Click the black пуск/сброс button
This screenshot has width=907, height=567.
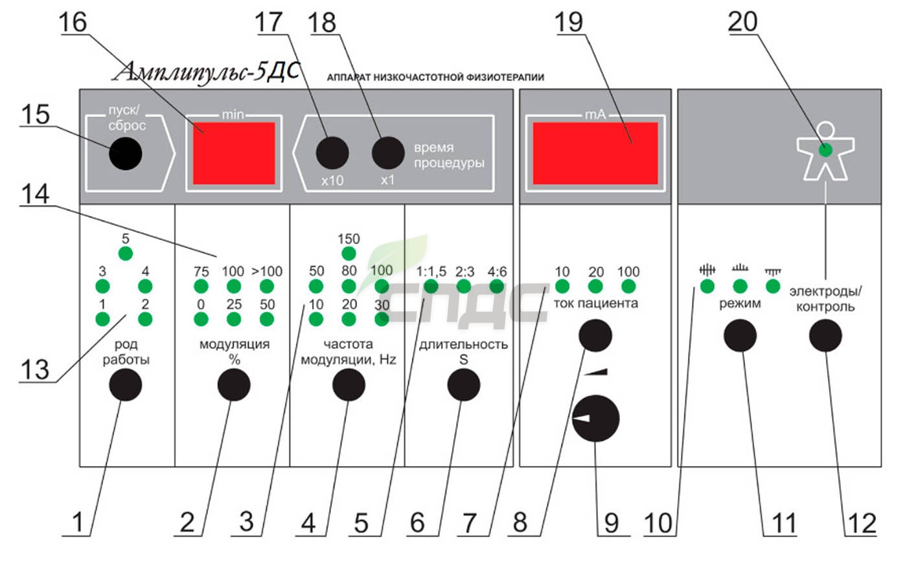[126, 153]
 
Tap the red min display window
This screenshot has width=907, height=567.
[234, 153]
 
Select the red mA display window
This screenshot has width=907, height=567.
[595, 153]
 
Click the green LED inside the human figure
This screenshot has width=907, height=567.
[825, 150]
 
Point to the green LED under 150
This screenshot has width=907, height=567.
[349, 254]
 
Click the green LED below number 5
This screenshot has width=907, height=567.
[126, 254]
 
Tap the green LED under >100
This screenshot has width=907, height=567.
[266, 286]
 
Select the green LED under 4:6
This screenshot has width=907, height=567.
[497, 286]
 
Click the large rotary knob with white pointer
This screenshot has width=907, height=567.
[595, 418]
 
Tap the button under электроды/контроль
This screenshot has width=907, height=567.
[825, 336]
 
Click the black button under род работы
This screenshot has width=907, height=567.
[126, 384]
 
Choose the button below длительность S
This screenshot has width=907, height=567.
[464, 384]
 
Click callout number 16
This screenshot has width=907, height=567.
[73, 22]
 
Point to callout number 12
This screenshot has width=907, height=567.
[862, 523]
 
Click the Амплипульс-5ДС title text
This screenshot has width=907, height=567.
[207, 72]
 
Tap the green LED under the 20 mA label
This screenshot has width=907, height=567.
[595, 286]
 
